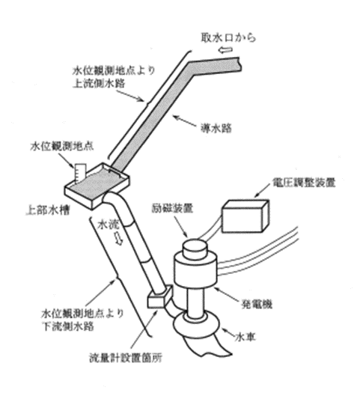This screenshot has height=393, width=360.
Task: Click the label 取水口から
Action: click(x=228, y=37)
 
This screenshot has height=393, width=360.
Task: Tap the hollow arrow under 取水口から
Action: click(x=225, y=51)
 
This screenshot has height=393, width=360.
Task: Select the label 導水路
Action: click(x=216, y=128)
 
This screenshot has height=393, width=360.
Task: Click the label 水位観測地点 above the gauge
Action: click(x=62, y=146)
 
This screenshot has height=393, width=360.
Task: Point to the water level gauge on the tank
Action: click(x=80, y=172)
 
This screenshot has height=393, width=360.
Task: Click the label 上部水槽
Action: click(x=48, y=210)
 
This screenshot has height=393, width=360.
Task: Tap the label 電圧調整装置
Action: click(x=304, y=183)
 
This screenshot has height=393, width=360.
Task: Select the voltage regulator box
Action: click(x=245, y=216)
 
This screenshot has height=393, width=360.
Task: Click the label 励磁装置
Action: click(x=172, y=208)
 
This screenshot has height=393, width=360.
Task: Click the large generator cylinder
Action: click(x=195, y=270)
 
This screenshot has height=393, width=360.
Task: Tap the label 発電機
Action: click(x=257, y=304)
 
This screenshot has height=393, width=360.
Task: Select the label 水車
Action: click(x=245, y=337)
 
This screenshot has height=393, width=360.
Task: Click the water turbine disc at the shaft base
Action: click(x=196, y=324)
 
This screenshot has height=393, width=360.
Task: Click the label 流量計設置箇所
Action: click(x=126, y=357)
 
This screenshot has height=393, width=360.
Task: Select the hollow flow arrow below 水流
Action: click(x=119, y=238)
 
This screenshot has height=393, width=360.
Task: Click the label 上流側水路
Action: click(x=99, y=83)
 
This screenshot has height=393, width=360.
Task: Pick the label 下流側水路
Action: click(x=68, y=326)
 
